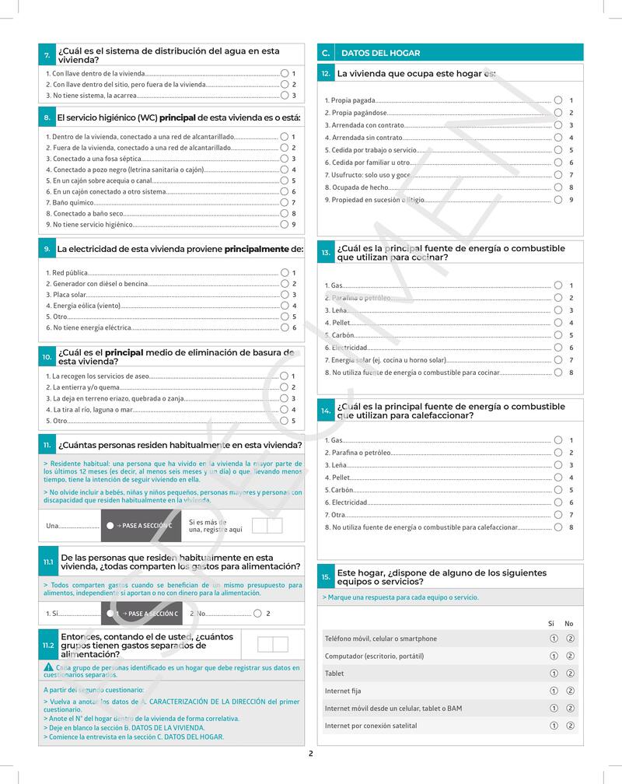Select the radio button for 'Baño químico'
(x=285, y=202)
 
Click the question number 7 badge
(x=47, y=55)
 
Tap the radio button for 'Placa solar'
(x=285, y=295)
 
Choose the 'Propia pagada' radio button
(x=558, y=100)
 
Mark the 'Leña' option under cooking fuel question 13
(x=558, y=310)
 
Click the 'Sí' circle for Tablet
(x=554, y=674)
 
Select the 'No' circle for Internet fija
(x=570, y=691)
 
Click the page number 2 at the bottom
(x=310, y=753)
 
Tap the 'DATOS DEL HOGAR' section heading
(x=381, y=54)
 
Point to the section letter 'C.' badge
(x=326, y=54)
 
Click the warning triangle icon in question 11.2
(x=49, y=667)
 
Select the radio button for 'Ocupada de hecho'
(x=558, y=187)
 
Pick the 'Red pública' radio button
(x=285, y=273)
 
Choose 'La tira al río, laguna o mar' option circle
(x=285, y=409)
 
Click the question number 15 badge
(x=326, y=577)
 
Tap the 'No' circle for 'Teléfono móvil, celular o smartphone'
(x=570, y=639)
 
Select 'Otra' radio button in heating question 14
(x=558, y=515)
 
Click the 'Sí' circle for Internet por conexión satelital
(x=554, y=726)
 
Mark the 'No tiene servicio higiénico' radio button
(x=285, y=225)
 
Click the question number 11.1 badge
(x=48, y=562)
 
